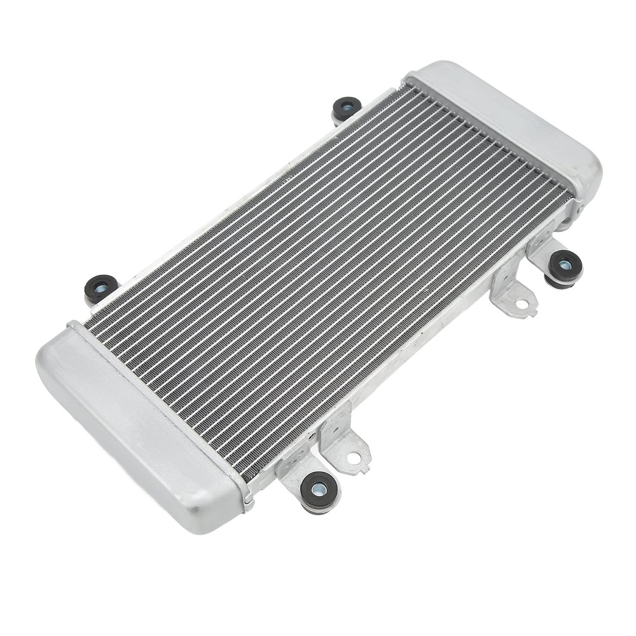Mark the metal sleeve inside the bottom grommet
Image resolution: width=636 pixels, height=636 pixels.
pos(319,488)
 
